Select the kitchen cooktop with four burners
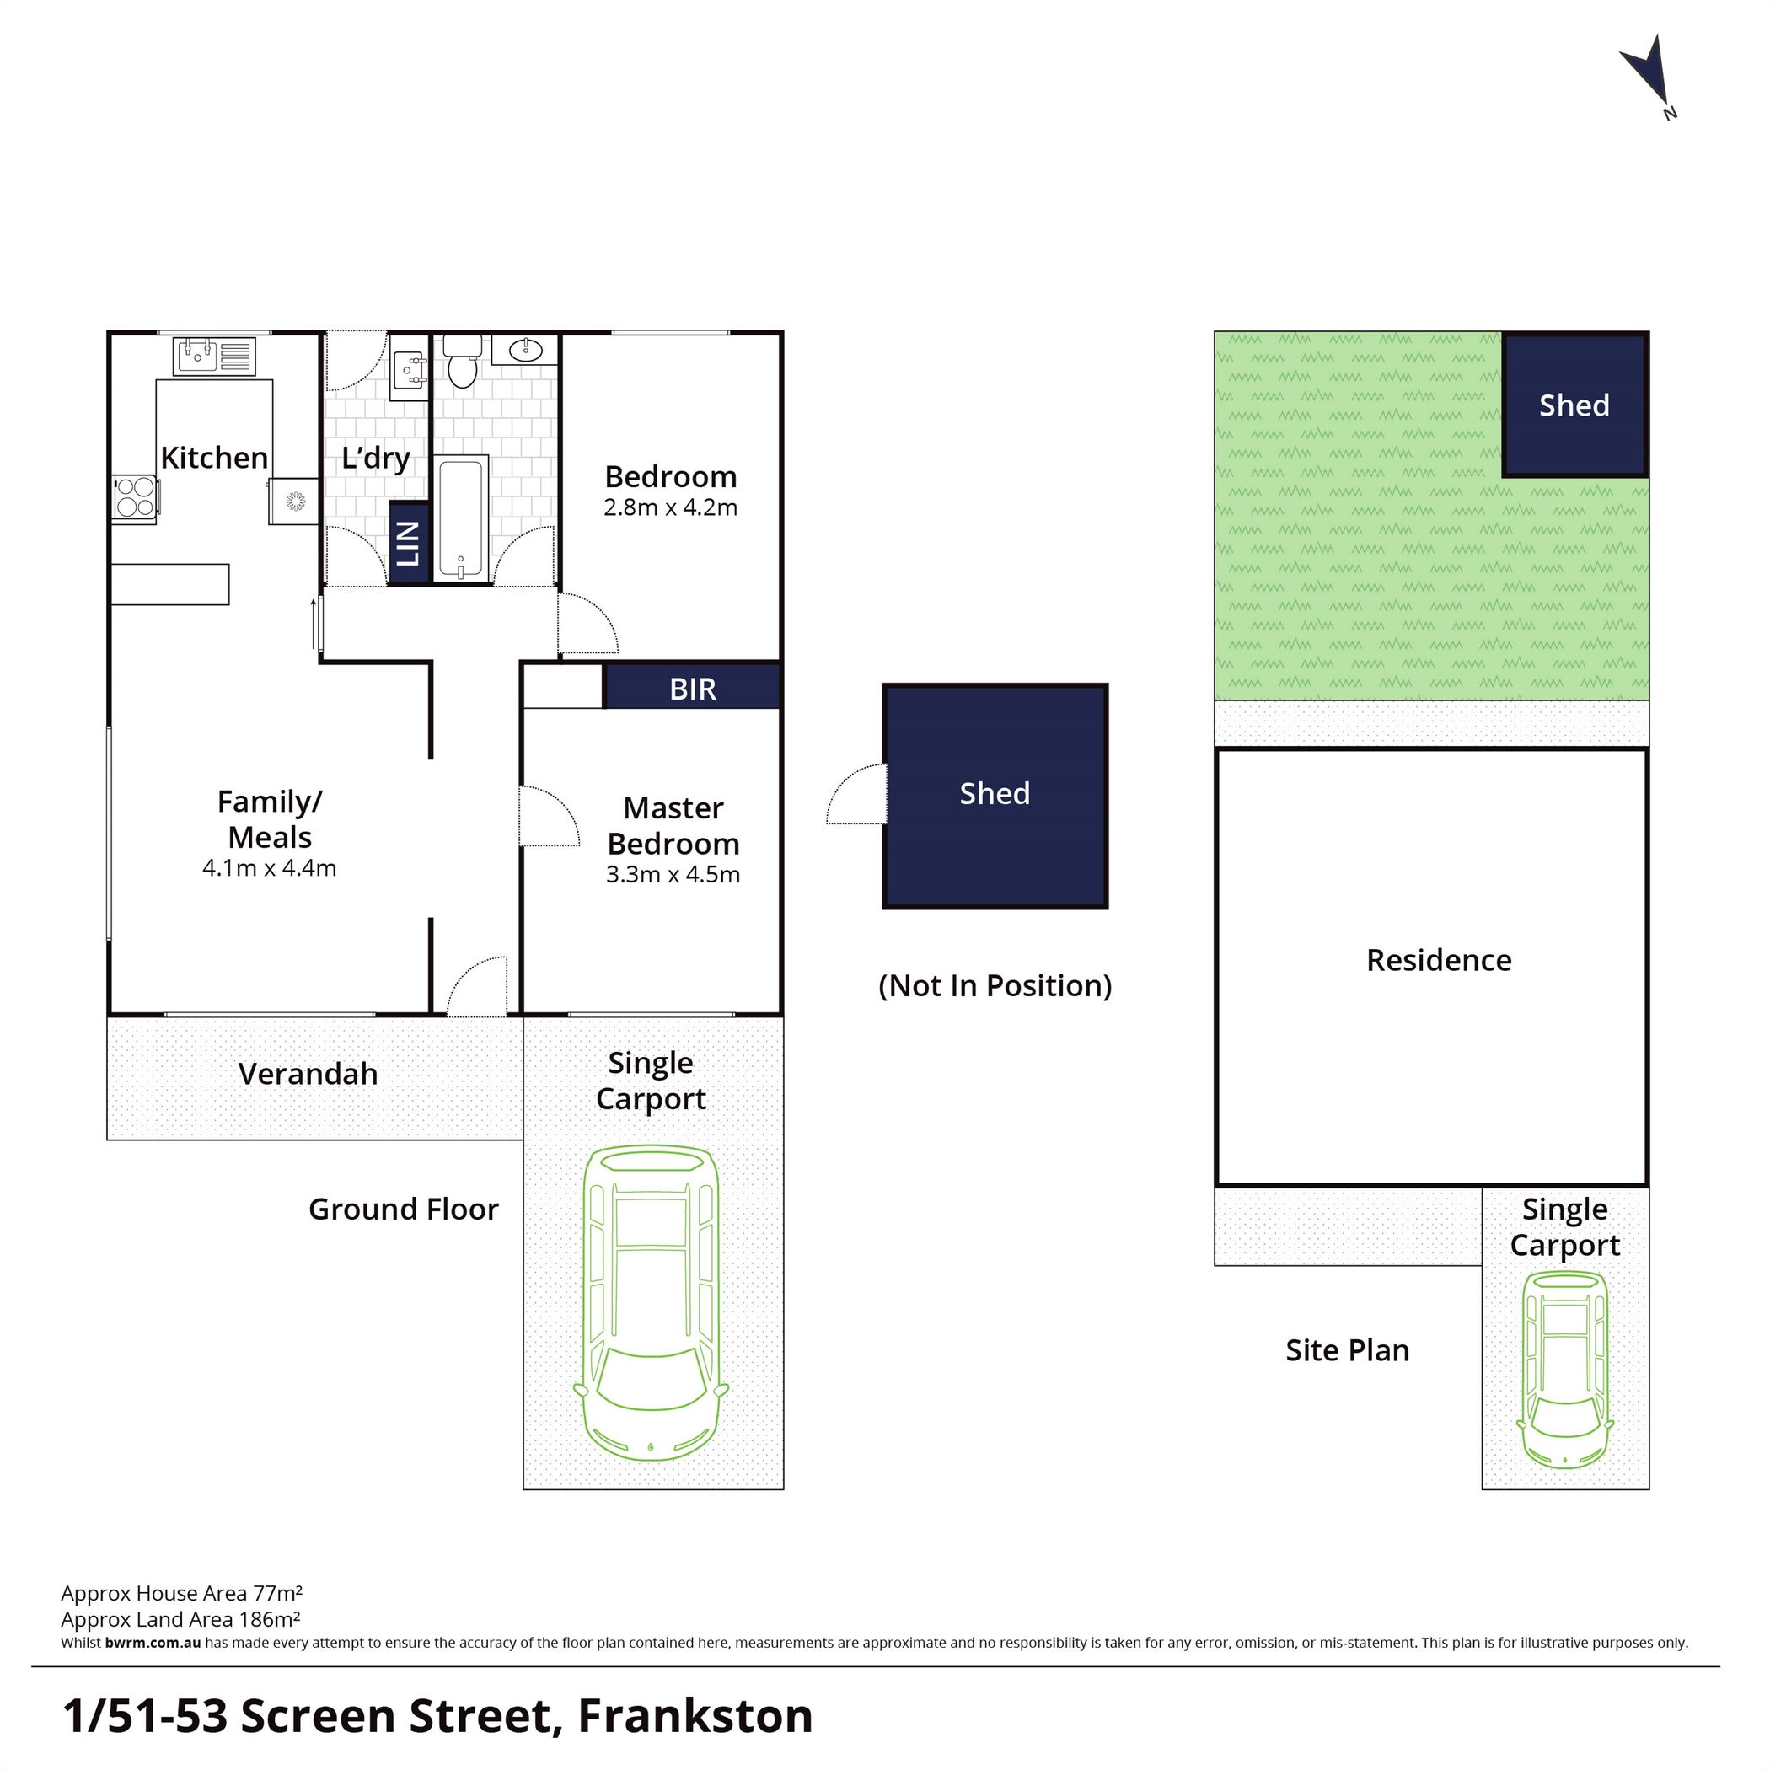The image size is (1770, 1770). coord(135,497)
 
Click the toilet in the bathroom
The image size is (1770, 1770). coord(463,361)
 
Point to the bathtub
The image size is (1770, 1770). coord(460,519)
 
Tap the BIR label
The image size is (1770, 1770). coord(693,689)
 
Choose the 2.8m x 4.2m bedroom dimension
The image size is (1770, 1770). coord(671,507)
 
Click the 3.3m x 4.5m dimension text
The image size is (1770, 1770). coord(673,875)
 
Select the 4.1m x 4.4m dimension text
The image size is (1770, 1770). coord(270,868)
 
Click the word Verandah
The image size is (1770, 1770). coord(308,1074)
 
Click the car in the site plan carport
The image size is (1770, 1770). coord(1565,1370)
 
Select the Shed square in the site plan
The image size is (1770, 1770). coord(1574,405)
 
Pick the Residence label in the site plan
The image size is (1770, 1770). coord(1440,960)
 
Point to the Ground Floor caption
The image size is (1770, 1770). coord(404,1209)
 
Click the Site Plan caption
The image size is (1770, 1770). coord(1348,1350)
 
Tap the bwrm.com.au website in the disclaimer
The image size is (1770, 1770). coord(153,1643)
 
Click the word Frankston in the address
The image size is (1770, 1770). coord(695,1716)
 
